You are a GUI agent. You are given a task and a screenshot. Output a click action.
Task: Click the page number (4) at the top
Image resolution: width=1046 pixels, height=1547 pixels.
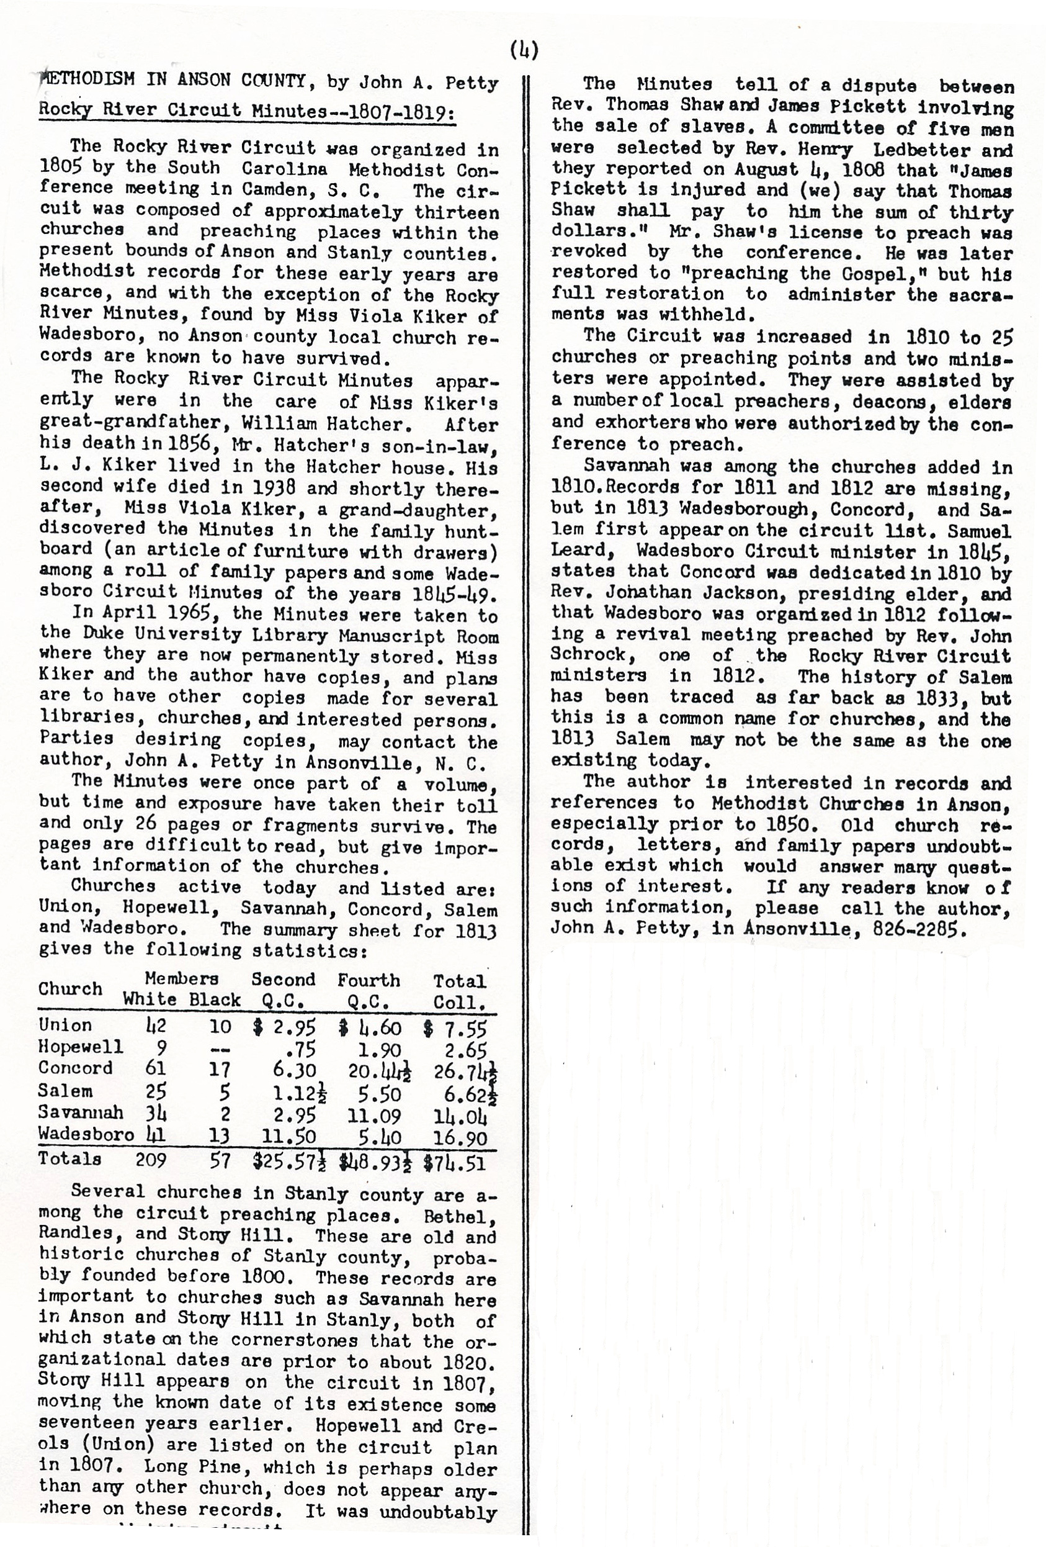tap(524, 50)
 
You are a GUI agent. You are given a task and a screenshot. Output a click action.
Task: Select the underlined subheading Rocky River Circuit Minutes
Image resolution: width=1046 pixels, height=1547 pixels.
tap(246, 110)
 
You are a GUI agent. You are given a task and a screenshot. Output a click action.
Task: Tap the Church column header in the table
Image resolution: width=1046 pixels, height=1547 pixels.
tap(70, 988)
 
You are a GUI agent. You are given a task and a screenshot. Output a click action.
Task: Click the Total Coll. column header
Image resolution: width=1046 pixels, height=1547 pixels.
tap(460, 991)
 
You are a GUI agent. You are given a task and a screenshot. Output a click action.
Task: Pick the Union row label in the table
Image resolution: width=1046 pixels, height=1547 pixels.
tap(65, 1025)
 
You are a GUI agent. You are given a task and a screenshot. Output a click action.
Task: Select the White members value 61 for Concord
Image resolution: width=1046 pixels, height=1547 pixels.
tap(155, 1068)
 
